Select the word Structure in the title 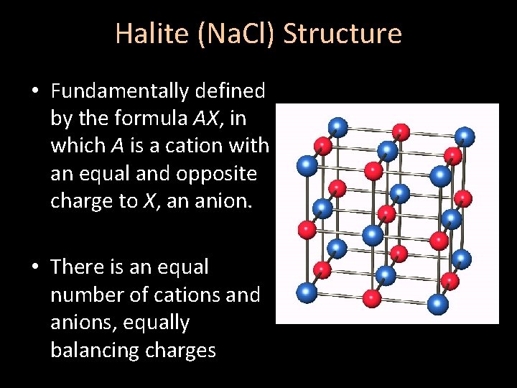(x=343, y=34)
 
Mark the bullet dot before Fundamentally (x=34, y=91)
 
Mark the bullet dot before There (x=34, y=267)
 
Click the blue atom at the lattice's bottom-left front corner (x=307, y=292)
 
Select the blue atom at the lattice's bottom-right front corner (x=437, y=303)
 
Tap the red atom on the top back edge (x=401, y=131)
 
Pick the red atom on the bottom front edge (x=372, y=297)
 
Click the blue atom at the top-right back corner (x=465, y=135)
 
